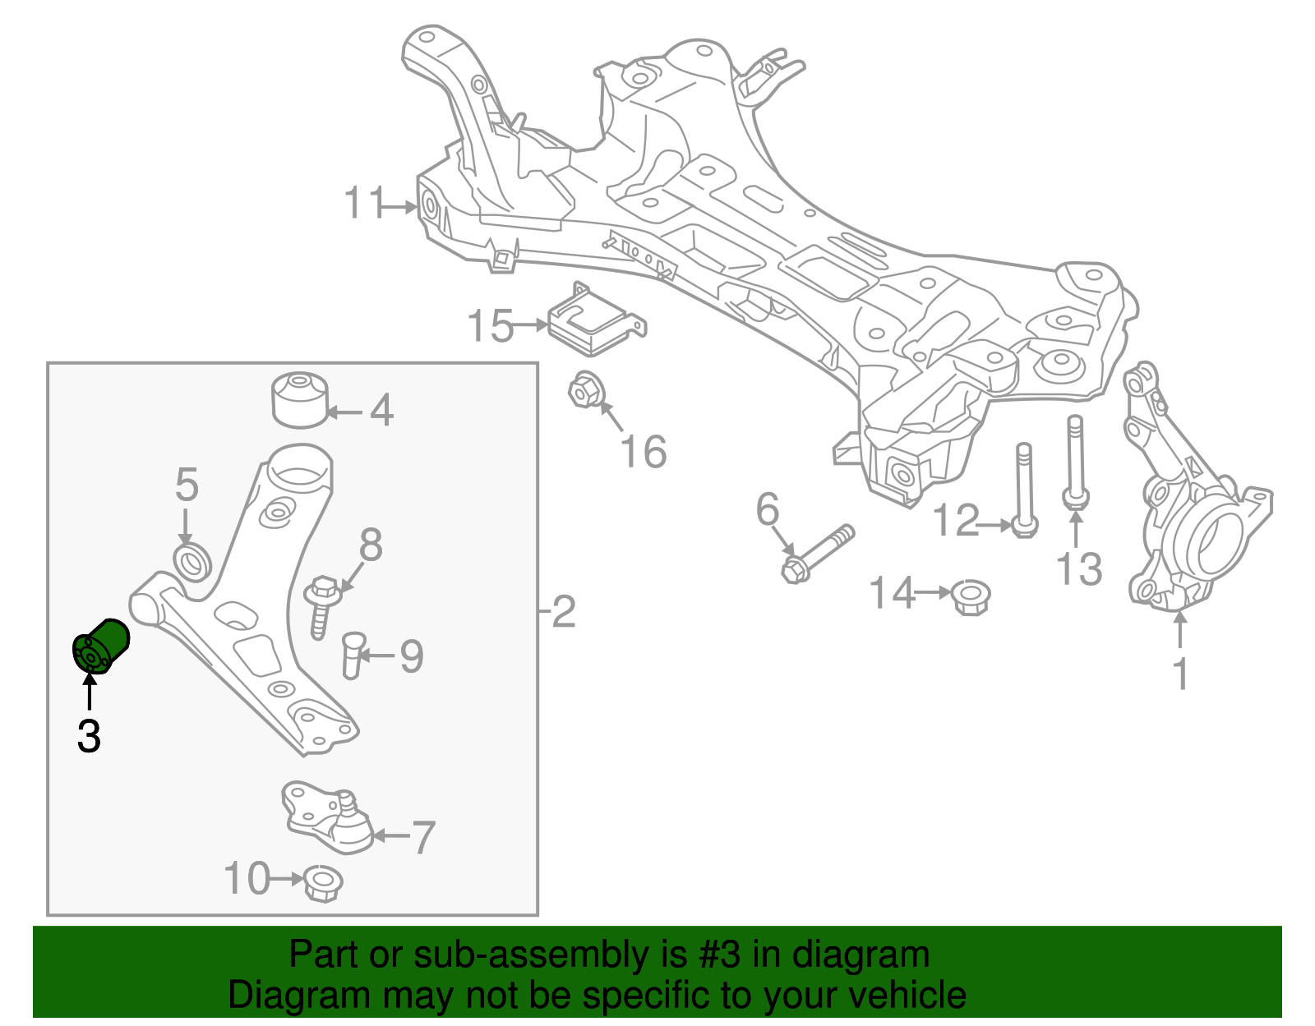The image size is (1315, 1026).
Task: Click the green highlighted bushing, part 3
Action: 100,647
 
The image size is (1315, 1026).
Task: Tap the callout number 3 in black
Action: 89,736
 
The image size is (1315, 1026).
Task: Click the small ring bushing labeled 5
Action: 194,560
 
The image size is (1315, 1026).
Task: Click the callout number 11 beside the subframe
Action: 364,203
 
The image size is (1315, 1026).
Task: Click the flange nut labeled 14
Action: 971,597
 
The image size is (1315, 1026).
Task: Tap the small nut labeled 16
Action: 584,390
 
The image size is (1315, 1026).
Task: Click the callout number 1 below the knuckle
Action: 1180,674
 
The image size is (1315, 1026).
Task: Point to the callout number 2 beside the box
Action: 564,612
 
